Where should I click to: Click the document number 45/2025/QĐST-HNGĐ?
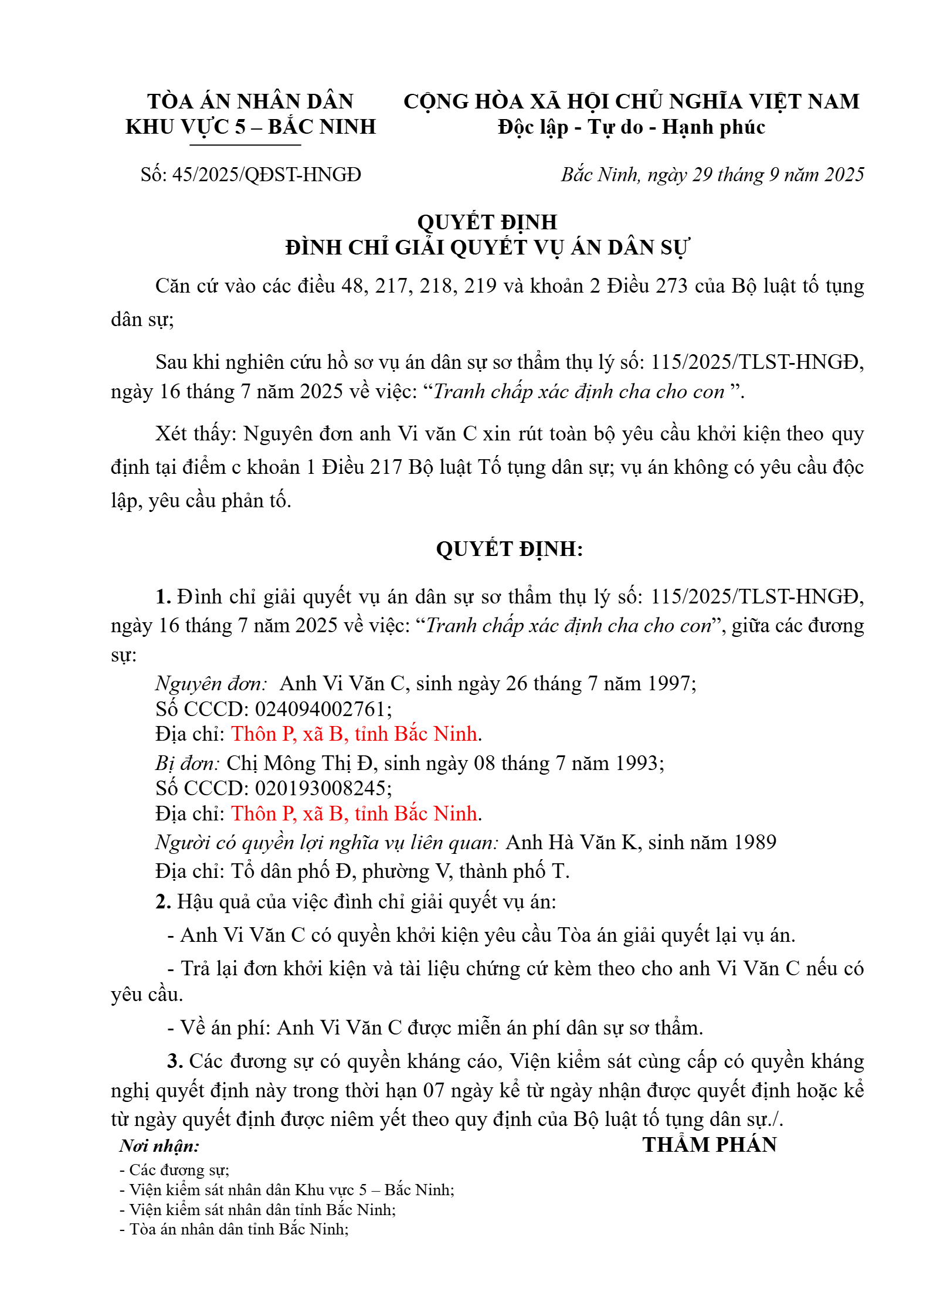click(x=266, y=175)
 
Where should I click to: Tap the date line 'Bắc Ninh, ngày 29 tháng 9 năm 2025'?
click(x=712, y=175)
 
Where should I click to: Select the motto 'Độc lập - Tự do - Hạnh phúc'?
click(x=631, y=127)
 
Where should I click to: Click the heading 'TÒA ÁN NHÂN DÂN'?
click(x=250, y=101)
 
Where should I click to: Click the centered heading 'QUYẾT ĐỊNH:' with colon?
click(x=509, y=549)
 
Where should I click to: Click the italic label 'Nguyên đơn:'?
click(x=211, y=684)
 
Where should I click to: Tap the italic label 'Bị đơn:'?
click(x=187, y=763)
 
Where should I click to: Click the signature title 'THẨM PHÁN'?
click(x=710, y=1145)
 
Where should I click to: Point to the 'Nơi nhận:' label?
click(x=159, y=1146)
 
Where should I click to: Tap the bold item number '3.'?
click(x=175, y=1061)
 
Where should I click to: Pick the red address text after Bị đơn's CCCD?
click(x=354, y=814)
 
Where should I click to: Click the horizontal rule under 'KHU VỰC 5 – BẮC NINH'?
click(x=245, y=145)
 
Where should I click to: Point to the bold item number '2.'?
click(x=163, y=901)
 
